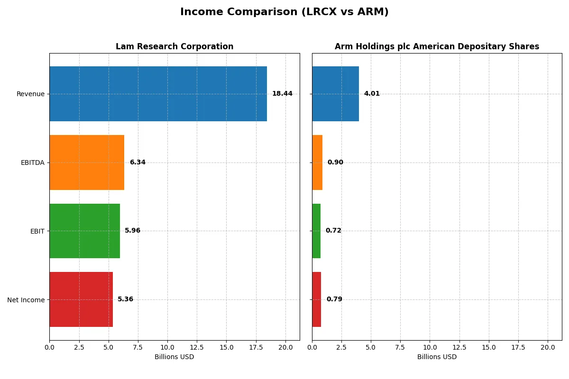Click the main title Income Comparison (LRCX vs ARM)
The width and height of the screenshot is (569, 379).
tap(284, 12)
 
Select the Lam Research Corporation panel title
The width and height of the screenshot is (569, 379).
tap(174, 46)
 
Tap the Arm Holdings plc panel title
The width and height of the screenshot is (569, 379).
tap(437, 46)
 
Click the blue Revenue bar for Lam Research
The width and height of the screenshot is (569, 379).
tap(158, 94)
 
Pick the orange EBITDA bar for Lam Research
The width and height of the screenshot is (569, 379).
tap(87, 162)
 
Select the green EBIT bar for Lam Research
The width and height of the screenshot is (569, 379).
tap(84, 231)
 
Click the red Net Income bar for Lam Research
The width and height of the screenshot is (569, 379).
tap(81, 299)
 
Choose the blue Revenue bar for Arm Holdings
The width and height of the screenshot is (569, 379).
tap(335, 94)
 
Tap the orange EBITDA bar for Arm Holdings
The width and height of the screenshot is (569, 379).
tap(317, 162)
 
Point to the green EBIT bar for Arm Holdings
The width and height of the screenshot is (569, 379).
tap(316, 231)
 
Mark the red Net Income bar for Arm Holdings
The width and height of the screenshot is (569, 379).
tap(317, 299)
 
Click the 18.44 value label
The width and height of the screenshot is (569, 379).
tap(282, 94)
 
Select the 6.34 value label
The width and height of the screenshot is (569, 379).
tap(138, 162)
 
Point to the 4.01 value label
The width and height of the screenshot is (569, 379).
tap(372, 94)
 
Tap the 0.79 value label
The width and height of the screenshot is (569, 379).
tap(334, 299)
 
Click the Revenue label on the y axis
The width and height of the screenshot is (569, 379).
tap(30, 94)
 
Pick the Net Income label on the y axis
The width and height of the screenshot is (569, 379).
tap(26, 300)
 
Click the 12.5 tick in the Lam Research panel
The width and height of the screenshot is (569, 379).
tap(197, 347)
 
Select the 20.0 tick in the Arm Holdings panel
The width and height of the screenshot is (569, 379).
tap(548, 347)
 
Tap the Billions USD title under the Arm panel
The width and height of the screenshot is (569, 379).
tap(437, 357)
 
